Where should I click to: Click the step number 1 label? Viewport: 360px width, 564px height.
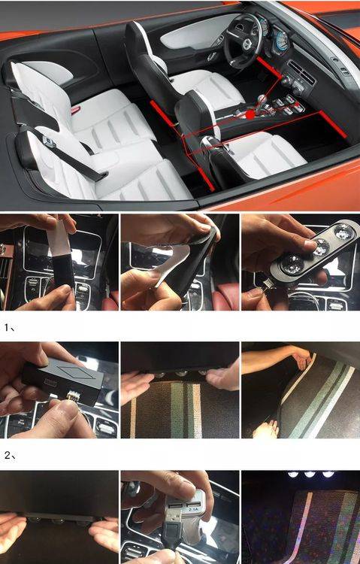9,328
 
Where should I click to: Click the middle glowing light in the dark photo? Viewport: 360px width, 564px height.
309,475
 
